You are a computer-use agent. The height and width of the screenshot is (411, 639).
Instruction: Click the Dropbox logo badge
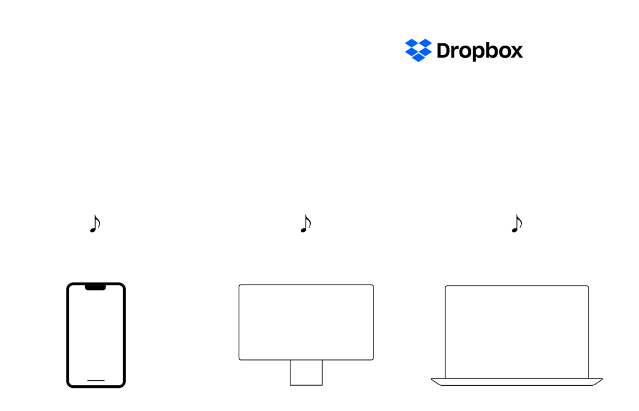pos(465,50)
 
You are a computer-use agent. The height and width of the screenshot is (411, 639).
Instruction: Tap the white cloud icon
pos(348,89)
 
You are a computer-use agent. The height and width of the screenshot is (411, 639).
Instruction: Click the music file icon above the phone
pos(95,224)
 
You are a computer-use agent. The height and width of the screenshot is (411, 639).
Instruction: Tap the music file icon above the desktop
pos(306,224)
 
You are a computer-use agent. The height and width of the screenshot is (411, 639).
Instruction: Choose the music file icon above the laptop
pos(517,224)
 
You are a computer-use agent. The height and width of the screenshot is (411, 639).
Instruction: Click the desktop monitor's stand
pos(306,373)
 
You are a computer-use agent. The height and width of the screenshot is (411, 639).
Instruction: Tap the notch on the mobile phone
pos(96,287)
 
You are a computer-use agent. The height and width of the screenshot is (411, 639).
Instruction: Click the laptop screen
pos(516,332)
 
